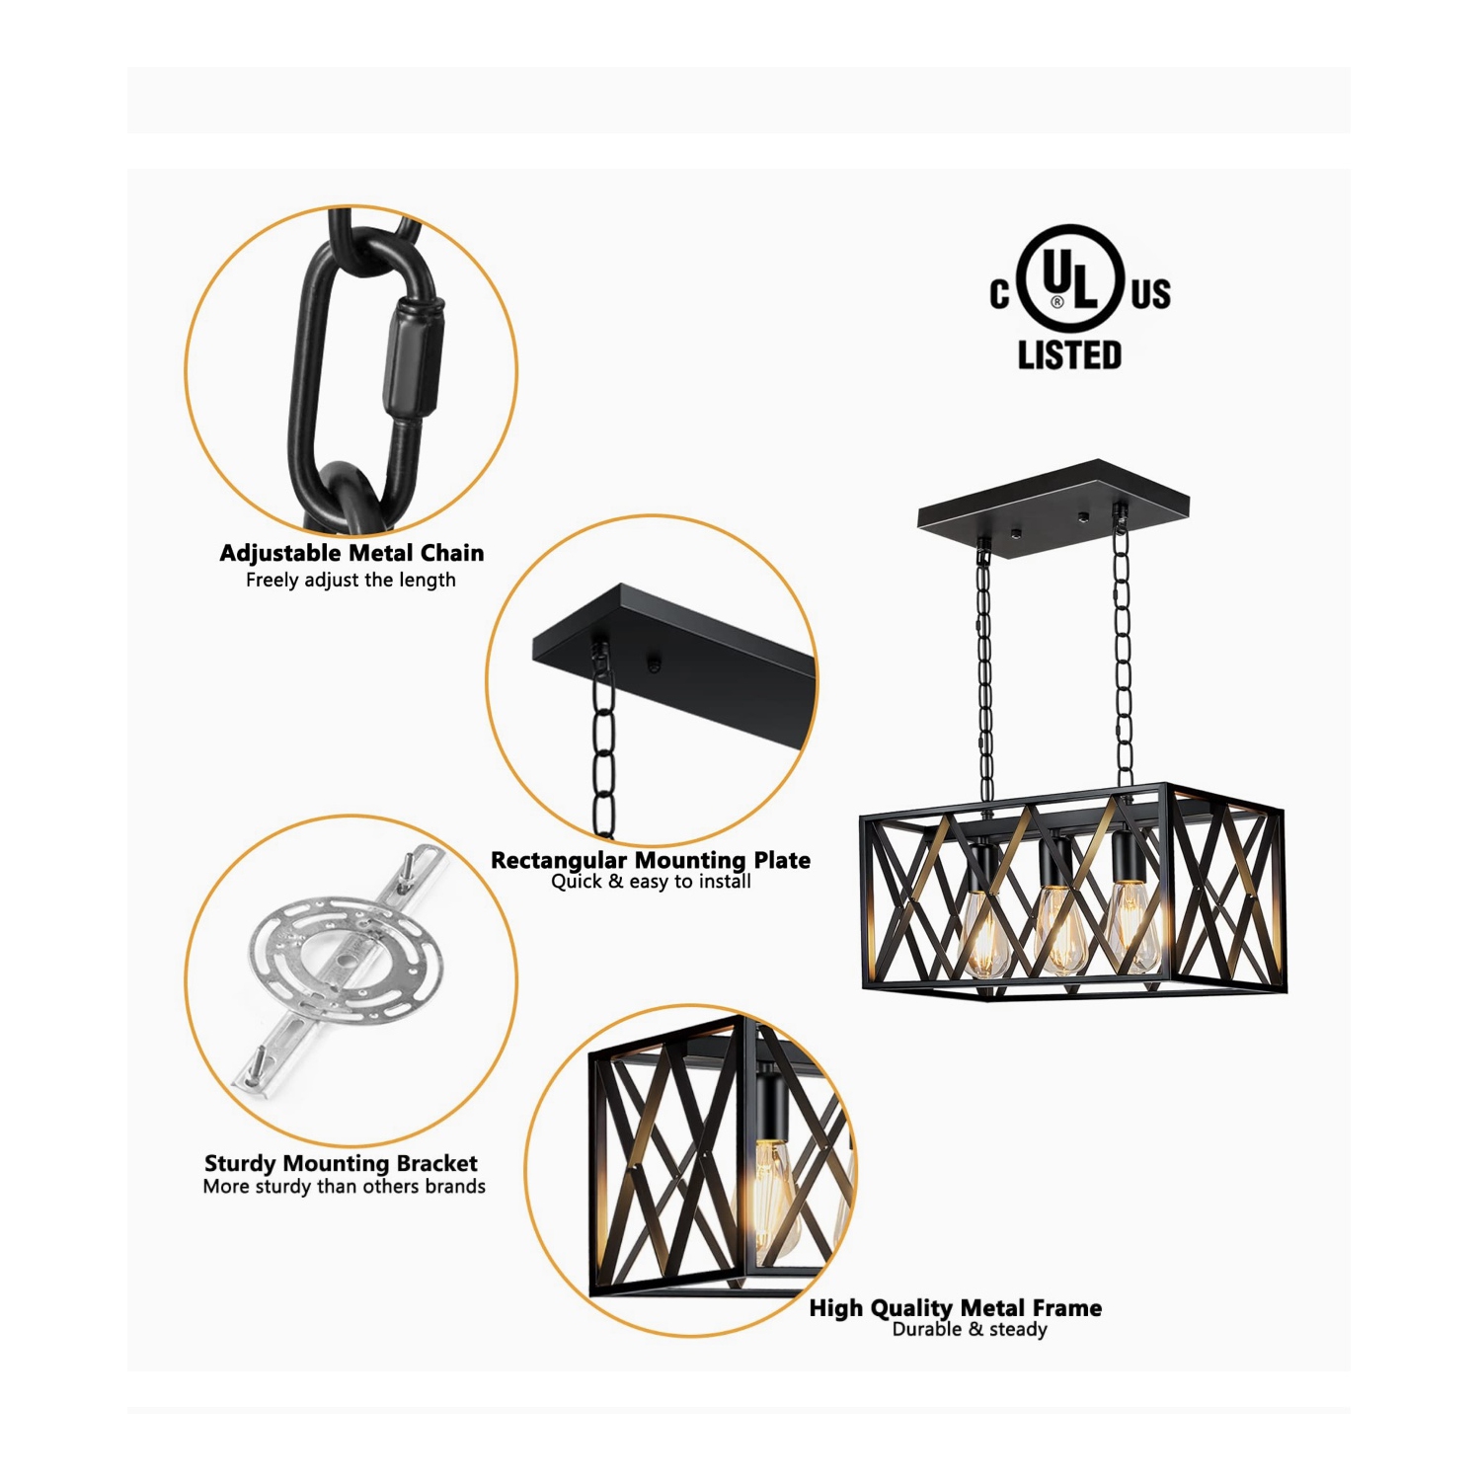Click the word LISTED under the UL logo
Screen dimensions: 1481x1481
(x=1069, y=354)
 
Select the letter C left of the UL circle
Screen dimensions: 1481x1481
(x=1000, y=294)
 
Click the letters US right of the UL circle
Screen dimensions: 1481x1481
(x=1151, y=294)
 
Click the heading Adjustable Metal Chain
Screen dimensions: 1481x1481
(x=351, y=553)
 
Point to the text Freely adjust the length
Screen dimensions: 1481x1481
(x=351, y=581)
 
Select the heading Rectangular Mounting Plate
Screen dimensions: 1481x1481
(x=651, y=860)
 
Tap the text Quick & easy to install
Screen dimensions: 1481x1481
(x=651, y=882)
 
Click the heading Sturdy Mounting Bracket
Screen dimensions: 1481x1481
(x=341, y=1163)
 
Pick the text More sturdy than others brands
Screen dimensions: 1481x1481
(x=344, y=1187)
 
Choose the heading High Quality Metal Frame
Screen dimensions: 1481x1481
(x=955, y=1308)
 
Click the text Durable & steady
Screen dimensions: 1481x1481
(x=970, y=1330)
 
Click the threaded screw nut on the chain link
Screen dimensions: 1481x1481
(x=416, y=362)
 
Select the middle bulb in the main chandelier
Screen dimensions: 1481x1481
(x=1057, y=929)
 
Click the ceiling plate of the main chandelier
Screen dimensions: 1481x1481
(x=1052, y=509)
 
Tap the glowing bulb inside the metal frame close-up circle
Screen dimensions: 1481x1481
(x=773, y=1190)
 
